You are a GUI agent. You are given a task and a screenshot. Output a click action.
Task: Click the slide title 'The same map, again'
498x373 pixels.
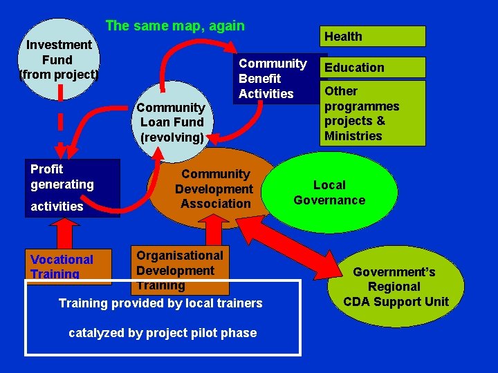[174, 26]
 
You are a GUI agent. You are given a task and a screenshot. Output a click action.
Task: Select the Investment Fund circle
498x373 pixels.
[59, 58]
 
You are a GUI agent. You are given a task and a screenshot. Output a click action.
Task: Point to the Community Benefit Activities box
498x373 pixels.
[273, 79]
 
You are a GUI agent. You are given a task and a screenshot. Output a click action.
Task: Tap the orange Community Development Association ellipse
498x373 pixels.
[214, 189]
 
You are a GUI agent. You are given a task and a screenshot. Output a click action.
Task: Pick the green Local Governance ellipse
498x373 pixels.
[330, 193]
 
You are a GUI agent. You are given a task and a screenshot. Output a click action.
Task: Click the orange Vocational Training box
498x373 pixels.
[68, 266]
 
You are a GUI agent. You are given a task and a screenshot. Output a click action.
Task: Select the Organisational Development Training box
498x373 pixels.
[179, 269]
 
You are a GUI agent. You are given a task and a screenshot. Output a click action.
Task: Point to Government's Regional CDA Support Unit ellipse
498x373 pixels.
[394, 287]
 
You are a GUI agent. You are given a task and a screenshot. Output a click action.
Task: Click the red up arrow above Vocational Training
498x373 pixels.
[67, 233]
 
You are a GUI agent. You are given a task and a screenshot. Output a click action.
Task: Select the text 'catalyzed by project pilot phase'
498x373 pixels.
[163, 333]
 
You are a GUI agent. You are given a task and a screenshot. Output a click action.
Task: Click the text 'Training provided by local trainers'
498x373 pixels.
[160, 303]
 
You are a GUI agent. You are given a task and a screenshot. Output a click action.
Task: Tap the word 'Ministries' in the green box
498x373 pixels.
[353, 136]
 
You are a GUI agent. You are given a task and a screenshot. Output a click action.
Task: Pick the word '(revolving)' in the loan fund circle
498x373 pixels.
[172, 137]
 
